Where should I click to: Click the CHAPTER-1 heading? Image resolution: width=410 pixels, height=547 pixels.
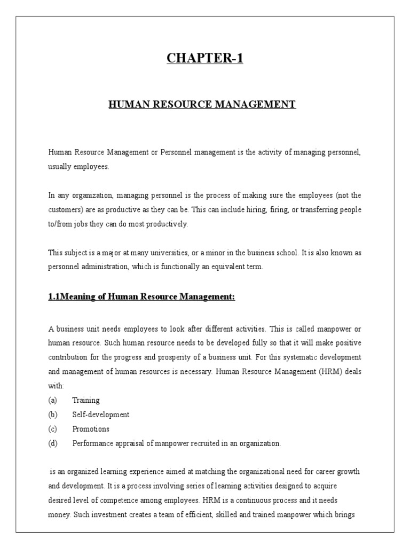pyautogui.click(x=205, y=58)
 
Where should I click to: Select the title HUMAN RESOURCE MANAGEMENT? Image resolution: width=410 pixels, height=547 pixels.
pyautogui.click(x=202, y=105)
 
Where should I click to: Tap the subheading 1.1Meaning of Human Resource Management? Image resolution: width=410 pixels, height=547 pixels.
pyautogui.click(x=141, y=297)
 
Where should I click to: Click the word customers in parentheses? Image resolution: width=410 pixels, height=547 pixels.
pyautogui.click(x=64, y=210)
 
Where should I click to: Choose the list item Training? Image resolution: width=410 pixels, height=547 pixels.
pyautogui.click(x=86, y=400)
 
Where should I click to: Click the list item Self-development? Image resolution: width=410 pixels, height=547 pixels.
pyautogui.click(x=101, y=415)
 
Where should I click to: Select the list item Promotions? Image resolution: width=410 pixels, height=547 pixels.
pyautogui.click(x=91, y=429)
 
